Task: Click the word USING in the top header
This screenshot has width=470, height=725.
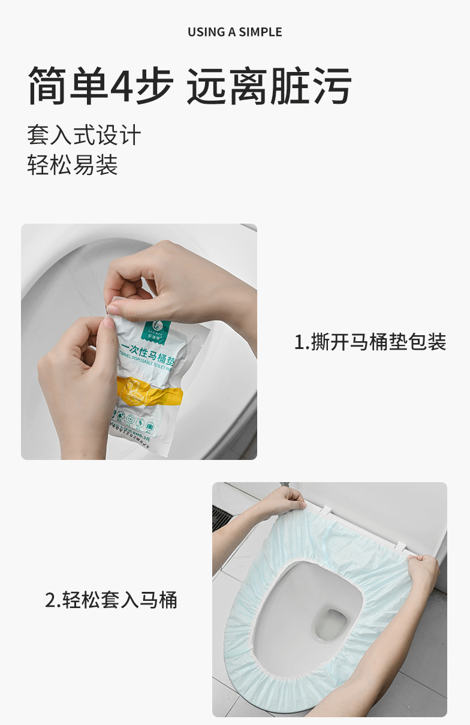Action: [x=206, y=32]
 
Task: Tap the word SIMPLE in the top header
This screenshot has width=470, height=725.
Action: [x=260, y=32]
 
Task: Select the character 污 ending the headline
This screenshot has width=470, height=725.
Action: [x=331, y=86]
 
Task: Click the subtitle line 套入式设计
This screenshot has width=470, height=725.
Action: [x=83, y=135]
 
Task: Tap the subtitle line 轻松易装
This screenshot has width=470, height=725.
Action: [x=72, y=165]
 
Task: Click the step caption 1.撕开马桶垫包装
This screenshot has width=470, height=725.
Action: [x=370, y=342]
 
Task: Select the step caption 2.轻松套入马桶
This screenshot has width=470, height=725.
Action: [x=111, y=600]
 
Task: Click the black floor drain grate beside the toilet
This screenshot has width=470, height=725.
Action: [x=221, y=519]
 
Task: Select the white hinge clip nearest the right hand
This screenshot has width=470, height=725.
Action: [x=400, y=547]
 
